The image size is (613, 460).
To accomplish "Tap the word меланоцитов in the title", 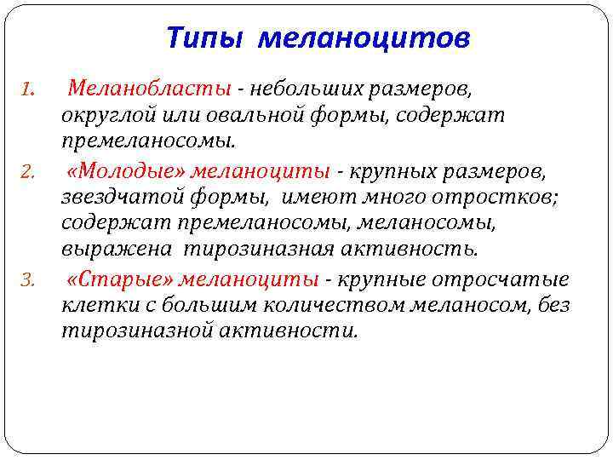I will [x=364, y=37].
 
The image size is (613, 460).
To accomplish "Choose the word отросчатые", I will [x=503, y=279].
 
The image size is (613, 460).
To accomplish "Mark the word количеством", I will [x=286, y=305].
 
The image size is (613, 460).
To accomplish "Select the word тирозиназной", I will [x=123, y=331].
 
